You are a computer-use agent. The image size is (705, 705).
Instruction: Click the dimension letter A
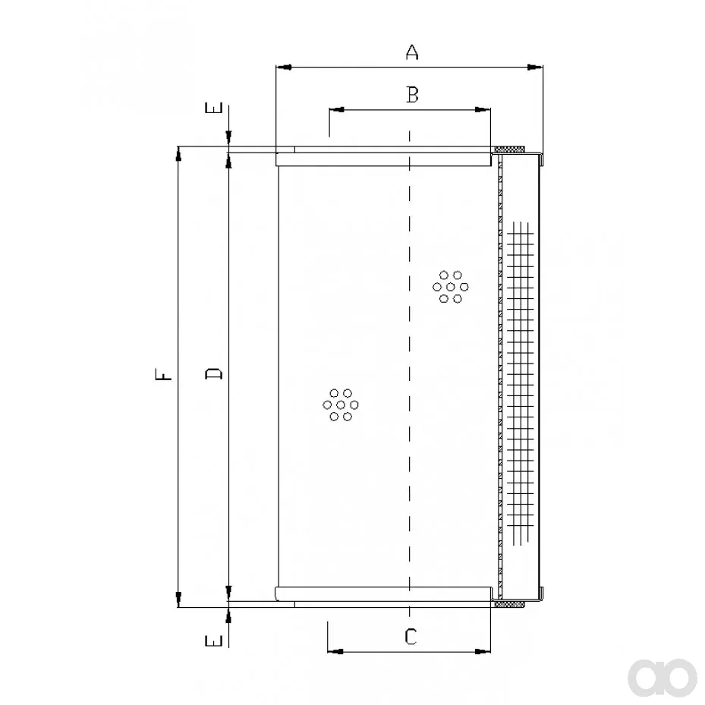point(412,52)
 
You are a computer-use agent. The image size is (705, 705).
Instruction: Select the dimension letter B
point(412,94)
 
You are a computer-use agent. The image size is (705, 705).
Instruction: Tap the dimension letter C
point(411,637)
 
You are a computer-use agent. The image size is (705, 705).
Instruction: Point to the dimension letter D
point(214,373)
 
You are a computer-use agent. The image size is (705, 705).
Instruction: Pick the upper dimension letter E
point(214,108)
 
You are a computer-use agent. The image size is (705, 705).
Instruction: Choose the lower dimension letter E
point(214,640)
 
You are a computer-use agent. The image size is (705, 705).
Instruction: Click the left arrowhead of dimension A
point(284,68)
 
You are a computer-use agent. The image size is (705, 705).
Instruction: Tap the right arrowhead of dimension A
point(535,68)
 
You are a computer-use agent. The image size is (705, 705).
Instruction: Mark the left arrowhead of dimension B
point(337,109)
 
